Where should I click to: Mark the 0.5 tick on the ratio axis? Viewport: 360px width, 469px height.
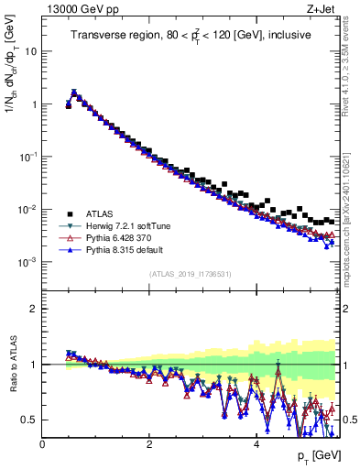[x=29, y=420]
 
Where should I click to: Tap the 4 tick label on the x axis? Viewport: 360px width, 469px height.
[x=256, y=444]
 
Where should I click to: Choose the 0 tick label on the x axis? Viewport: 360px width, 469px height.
[x=43, y=444]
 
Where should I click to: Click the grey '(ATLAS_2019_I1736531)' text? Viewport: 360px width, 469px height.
[x=191, y=275]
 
